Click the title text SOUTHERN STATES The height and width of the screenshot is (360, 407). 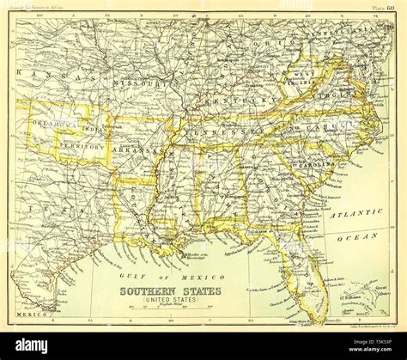[x=169, y=291]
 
